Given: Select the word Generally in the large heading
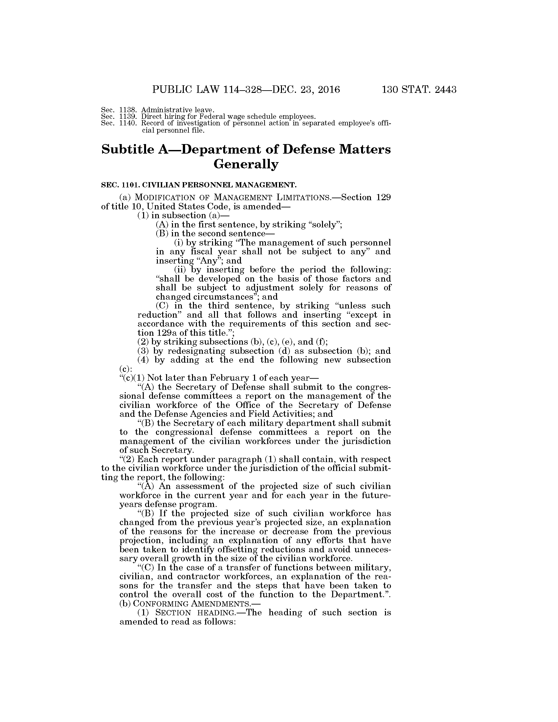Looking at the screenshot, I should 246,164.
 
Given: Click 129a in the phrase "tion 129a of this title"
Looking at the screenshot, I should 162,333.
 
